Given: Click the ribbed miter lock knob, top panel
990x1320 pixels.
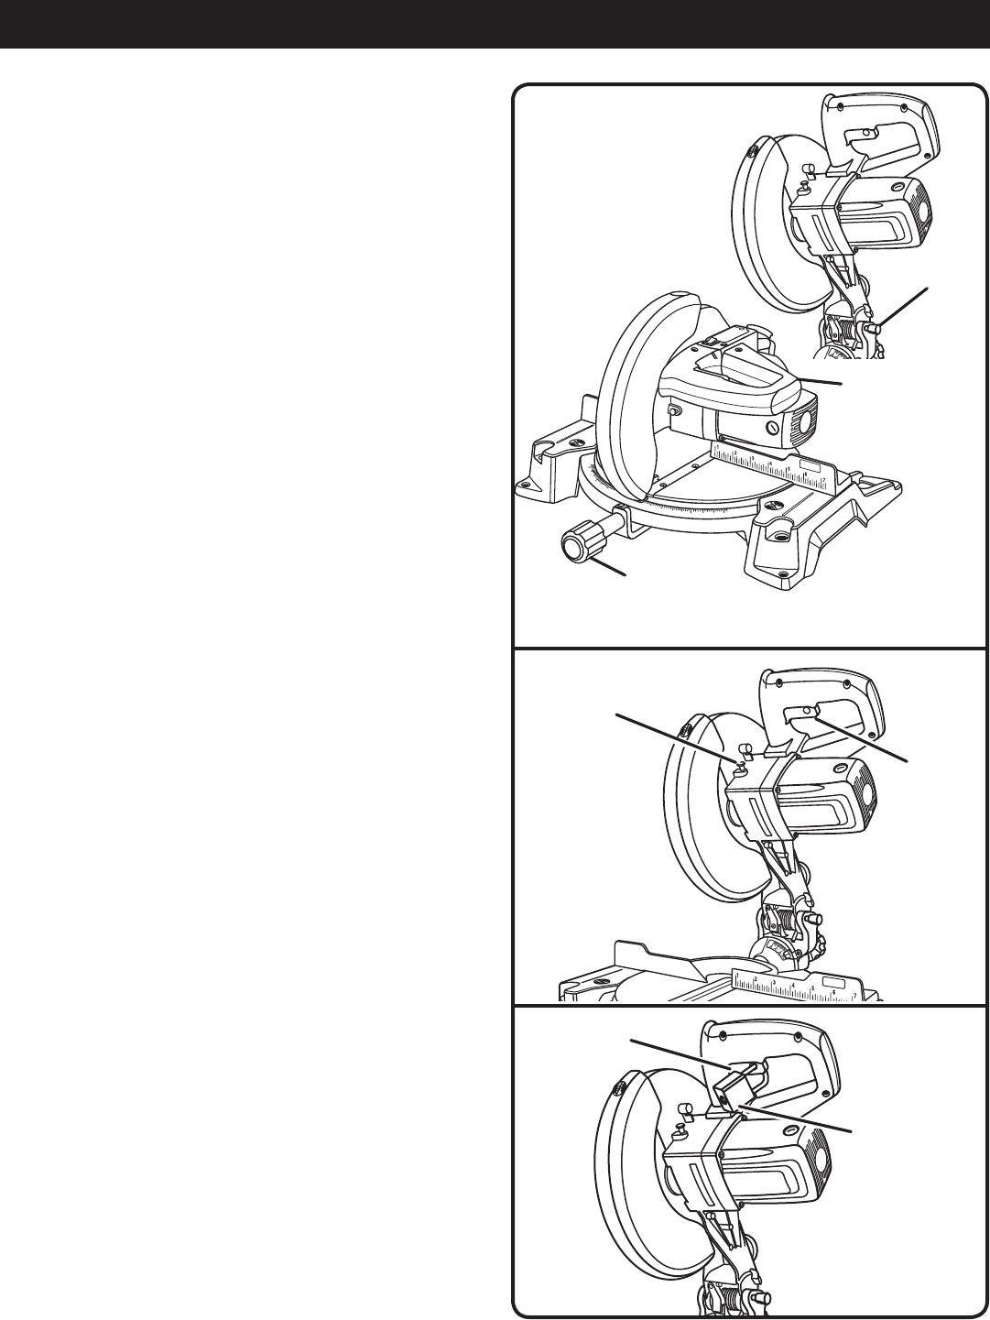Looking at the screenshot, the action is click(x=575, y=544).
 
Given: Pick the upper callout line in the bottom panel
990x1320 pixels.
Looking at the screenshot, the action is click(x=678, y=1053).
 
